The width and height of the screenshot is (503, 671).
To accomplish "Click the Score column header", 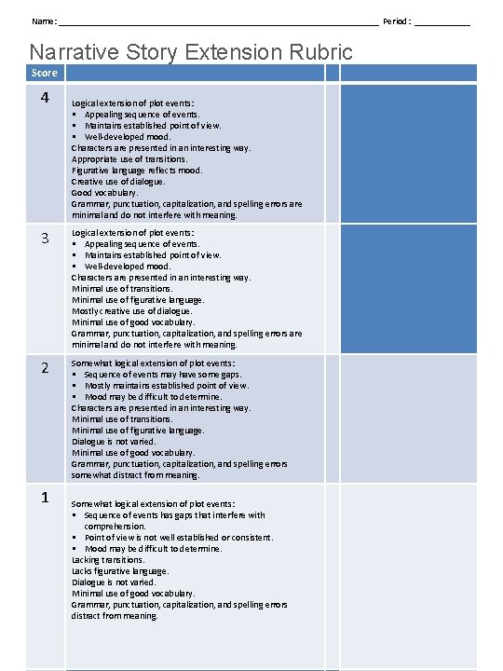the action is [44, 73].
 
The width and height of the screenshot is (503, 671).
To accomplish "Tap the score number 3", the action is [44, 238].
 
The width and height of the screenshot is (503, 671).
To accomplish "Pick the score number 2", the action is [44, 368].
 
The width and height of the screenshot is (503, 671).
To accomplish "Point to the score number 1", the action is [44, 497].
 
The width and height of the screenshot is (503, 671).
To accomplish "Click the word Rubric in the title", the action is [320, 52].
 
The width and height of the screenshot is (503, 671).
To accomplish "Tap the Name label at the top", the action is [43, 21].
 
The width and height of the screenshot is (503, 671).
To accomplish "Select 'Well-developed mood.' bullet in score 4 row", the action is [128, 136].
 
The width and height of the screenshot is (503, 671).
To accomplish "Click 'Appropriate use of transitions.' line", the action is [129, 158].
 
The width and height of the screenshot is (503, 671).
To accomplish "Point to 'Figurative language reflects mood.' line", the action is [137, 170].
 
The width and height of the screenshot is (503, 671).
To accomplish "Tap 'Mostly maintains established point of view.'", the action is [167, 385].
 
